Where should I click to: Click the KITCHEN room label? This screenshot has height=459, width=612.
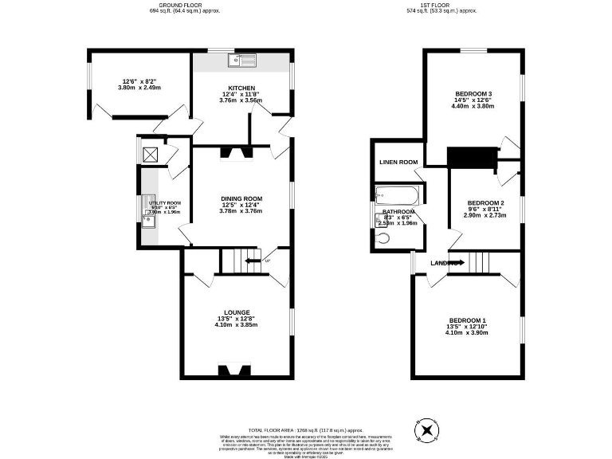coord(241,88)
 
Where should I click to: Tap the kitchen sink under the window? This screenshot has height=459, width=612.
coord(241,61)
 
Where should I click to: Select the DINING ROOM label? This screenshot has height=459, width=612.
coord(241,198)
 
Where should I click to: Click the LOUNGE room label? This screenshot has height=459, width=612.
coord(237,312)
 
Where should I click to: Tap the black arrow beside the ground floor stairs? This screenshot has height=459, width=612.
coord(253,261)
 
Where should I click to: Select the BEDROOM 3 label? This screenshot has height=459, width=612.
coord(473,92)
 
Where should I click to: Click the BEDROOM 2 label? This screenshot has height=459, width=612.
coord(485,203)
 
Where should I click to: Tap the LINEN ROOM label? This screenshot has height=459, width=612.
coord(398,163)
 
